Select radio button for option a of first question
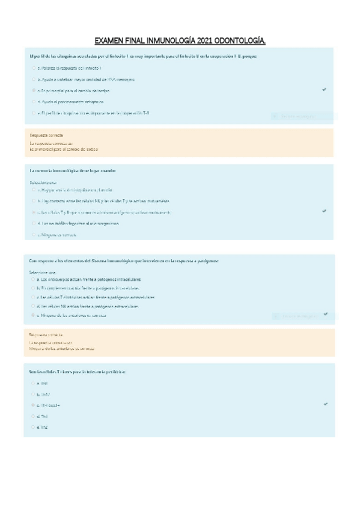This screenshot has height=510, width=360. [x=34, y=68]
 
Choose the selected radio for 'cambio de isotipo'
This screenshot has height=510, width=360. [x=34, y=90]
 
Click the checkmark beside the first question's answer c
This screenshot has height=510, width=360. [x=324, y=90]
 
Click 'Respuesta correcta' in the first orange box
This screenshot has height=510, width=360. [x=46, y=135]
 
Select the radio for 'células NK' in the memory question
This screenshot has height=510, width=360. [x=34, y=201]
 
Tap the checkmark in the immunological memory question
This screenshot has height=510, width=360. [x=324, y=211]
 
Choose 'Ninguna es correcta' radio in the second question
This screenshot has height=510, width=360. [x=34, y=235]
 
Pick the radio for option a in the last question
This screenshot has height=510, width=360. [x=34, y=383]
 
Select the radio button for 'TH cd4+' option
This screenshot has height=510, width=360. [x=34, y=405]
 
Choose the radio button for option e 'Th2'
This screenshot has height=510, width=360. [x=34, y=428]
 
